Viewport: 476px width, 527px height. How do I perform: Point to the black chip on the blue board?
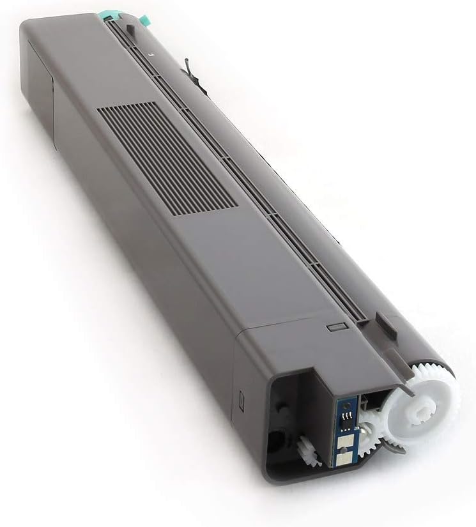click(345, 418)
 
